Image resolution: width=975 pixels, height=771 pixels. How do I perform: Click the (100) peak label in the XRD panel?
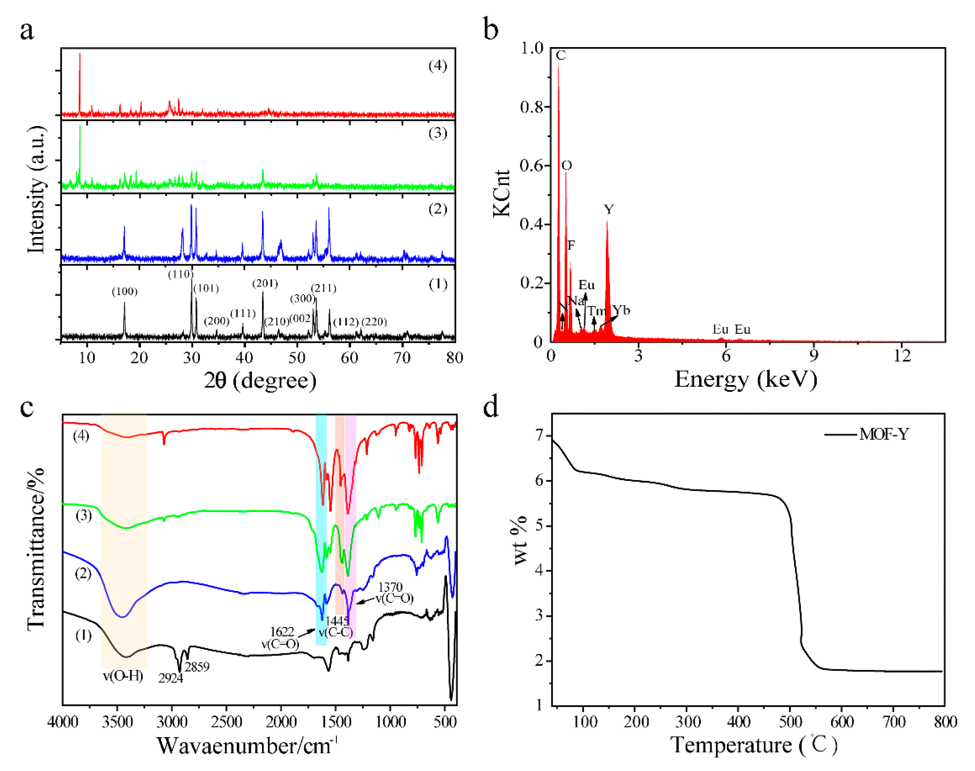(x=125, y=292)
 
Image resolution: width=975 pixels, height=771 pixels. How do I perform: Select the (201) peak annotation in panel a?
(x=265, y=284)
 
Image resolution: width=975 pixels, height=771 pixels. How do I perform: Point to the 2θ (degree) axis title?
(x=260, y=380)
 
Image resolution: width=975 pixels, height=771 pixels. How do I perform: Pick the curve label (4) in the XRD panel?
(x=437, y=66)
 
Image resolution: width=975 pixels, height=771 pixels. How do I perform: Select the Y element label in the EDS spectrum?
(x=608, y=209)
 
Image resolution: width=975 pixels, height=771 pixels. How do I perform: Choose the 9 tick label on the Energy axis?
(x=813, y=356)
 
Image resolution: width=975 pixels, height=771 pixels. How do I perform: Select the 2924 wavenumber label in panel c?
(x=171, y=678)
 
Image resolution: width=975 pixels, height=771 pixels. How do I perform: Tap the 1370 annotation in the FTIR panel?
(x=390, y=587)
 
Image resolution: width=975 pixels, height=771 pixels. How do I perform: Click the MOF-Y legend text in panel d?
(x=883, y=434)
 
